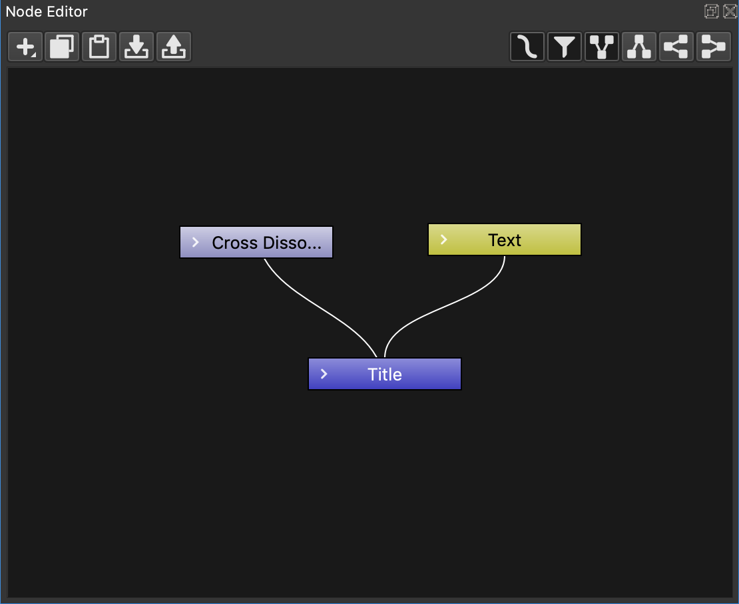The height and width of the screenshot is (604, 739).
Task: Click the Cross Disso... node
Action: [x=256, y=242]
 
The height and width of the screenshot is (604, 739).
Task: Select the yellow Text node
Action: [x=504, y=239]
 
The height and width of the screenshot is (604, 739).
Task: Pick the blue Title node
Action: [x=385, y=374]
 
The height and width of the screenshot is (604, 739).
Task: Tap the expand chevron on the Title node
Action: [x=324, y=374]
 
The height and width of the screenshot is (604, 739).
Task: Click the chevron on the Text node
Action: [x=443, y=239]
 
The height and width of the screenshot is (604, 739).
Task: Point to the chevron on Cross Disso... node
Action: [x=196, y=242]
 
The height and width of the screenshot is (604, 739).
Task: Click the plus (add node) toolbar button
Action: [x=25, y=47]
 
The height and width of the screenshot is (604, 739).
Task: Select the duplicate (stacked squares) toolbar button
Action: [x=62, y=47]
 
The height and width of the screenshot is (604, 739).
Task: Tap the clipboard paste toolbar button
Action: [x=99, y=47]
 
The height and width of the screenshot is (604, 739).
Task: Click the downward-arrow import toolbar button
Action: [x=136, y=47]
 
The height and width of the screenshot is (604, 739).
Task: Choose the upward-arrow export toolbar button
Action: [x=174, y=47]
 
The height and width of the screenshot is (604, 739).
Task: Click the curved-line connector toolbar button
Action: [x=527, y=47]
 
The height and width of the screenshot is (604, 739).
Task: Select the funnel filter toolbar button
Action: [x=564, y=47]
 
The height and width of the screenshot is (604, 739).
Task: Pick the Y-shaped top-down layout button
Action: [x=601, y=47]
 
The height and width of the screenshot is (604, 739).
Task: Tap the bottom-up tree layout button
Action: [x=639, y=47]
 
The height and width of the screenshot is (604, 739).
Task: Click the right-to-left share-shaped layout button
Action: [x=676, y=47]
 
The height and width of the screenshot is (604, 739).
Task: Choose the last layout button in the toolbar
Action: [x=714, y=47]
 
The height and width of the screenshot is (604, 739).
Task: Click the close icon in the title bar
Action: [x=730, y=11]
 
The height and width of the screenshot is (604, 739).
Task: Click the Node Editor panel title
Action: [x=47, y=11]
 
